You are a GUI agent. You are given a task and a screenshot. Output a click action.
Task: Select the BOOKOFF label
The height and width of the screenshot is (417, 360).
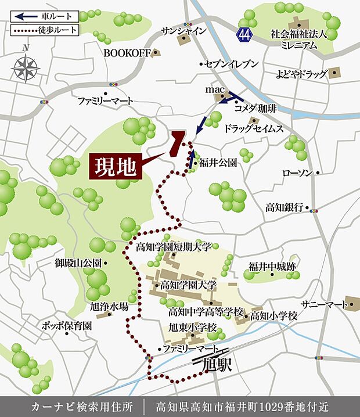(x=127, y=53)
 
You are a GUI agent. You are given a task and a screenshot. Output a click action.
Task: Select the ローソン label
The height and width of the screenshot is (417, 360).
(x=298, y=173)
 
